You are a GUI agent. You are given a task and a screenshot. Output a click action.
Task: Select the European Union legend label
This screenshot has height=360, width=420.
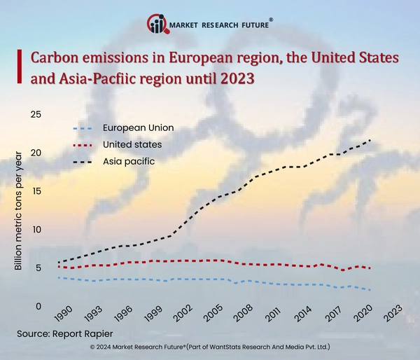point(138,128)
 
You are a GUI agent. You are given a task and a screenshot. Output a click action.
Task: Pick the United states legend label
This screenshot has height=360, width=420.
point(132,144)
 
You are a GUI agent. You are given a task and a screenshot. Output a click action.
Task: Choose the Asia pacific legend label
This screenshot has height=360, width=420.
point(129,161)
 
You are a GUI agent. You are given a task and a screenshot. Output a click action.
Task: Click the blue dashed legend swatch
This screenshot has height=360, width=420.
point(83,128)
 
